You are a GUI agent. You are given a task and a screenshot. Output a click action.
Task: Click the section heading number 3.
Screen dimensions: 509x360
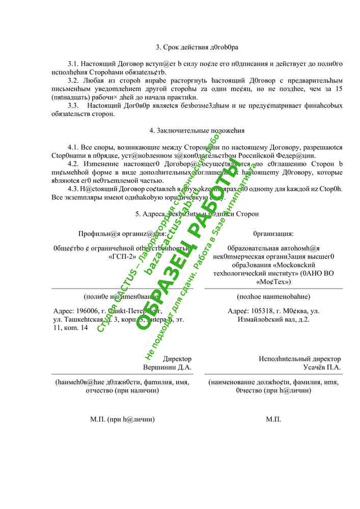pos(158,47)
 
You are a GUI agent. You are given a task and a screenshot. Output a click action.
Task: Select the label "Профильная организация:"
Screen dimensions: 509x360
pos(122,234)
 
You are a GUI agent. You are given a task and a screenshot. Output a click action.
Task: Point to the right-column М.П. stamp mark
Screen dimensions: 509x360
pos(273,419)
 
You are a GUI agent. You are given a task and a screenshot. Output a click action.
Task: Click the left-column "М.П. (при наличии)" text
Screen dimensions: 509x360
pos(122,419)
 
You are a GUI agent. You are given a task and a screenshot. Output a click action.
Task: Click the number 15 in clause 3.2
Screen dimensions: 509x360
pos(338,89)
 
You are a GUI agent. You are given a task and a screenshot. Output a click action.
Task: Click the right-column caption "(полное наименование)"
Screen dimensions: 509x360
pos(273,296)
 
